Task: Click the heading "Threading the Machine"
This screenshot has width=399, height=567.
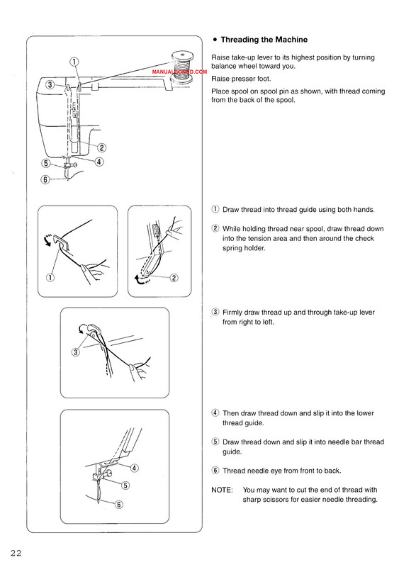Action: pos(264,40)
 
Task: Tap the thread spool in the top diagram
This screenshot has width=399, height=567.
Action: pos(182,67)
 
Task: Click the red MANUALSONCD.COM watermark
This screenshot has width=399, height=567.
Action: pos(179,72)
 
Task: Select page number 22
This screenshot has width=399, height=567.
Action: pos(16,553)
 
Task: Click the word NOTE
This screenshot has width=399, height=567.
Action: pos(222,490)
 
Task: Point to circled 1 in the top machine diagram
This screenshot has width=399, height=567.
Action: pos(74,62)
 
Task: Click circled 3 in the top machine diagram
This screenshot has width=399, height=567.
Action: pos(50,84)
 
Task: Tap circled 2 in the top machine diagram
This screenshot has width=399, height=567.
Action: pos(101,147)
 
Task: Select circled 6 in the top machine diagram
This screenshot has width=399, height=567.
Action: pos(45,179)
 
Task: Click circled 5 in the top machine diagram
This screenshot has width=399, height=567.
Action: pos(46,163)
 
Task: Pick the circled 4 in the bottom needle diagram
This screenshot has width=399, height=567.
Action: pos(134,468)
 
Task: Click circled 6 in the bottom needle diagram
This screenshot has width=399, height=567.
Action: pos(119,505)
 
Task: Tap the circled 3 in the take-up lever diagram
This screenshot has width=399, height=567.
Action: pos(76,352)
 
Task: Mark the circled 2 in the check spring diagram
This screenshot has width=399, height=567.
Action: pos(174,278)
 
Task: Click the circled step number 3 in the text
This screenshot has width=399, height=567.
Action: pos(215,312)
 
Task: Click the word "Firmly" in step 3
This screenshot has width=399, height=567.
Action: pos(232,313)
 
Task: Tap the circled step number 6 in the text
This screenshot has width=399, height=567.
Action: pos(215,471)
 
